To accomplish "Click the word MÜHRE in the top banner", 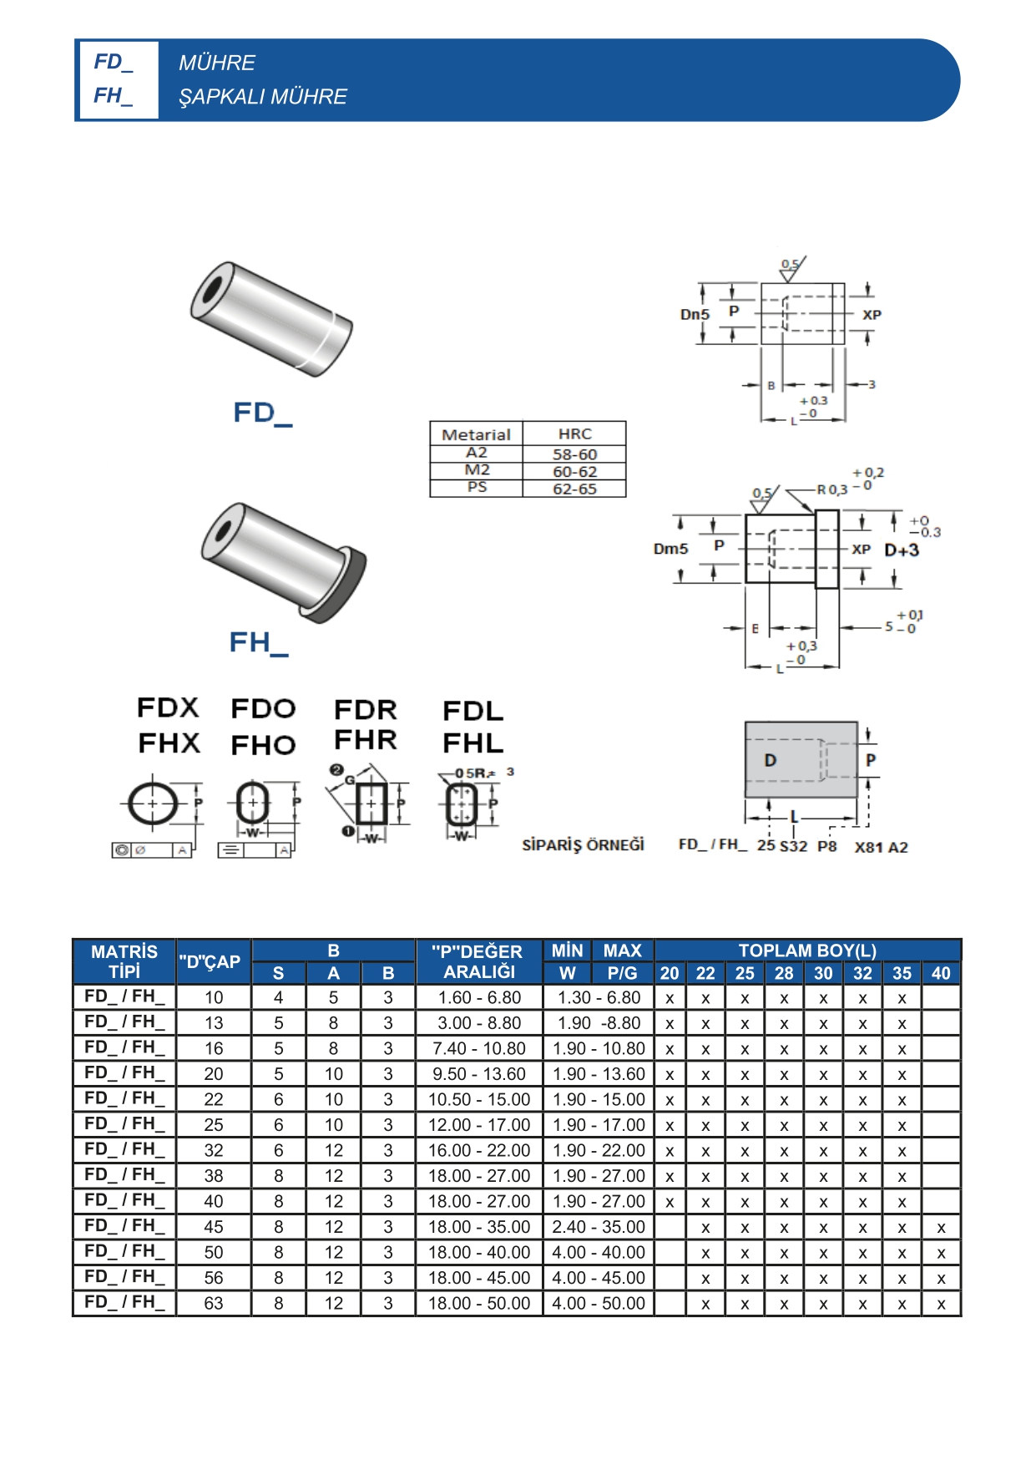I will tap(217, 63).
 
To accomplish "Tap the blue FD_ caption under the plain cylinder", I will tap(262, 413).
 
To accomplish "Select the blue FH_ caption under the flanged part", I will tap(259, 642).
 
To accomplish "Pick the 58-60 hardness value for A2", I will tap(574, 454).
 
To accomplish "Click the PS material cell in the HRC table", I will tap(477, 487).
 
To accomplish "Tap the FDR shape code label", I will tap(365, 710).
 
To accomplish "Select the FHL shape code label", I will tap(473, 743).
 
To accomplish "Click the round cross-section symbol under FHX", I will tap(153, 803).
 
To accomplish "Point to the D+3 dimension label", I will tap(902, 550).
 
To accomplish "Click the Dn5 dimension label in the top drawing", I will tap(695, 315).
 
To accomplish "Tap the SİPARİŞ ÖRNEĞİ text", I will tap(583, 845).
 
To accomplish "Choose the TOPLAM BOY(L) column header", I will tap(807, 950).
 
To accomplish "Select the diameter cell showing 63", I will tap(214, 1303).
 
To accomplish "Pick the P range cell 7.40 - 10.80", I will tap(479, 1048).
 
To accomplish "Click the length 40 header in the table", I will tap(941, 973).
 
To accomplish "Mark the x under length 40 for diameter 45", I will tap(941, 1228).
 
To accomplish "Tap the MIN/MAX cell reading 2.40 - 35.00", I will tap(599, 1227).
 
